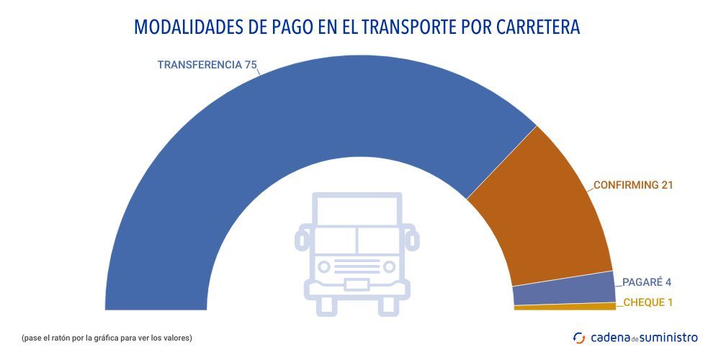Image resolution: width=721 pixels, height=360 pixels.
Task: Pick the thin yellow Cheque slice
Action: coord(565,307)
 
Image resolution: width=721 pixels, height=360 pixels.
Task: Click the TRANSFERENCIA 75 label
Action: coord(207,65)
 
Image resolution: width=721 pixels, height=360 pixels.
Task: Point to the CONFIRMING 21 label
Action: coord(633,185)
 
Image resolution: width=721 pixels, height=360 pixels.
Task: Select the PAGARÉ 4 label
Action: coord(646,282)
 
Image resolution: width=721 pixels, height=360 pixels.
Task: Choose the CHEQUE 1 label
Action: coord(648,302)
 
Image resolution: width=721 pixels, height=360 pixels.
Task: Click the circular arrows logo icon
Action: coord(578,337)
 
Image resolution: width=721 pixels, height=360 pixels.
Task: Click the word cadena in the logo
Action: coord(609,337)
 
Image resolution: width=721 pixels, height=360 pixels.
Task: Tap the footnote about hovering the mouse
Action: coord(107,337)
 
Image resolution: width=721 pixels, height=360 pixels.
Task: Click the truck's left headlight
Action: coord(324,266)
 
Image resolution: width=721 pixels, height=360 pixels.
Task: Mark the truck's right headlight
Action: coord(390,266)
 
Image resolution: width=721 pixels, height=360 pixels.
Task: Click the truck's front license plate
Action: coord(357,284)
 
